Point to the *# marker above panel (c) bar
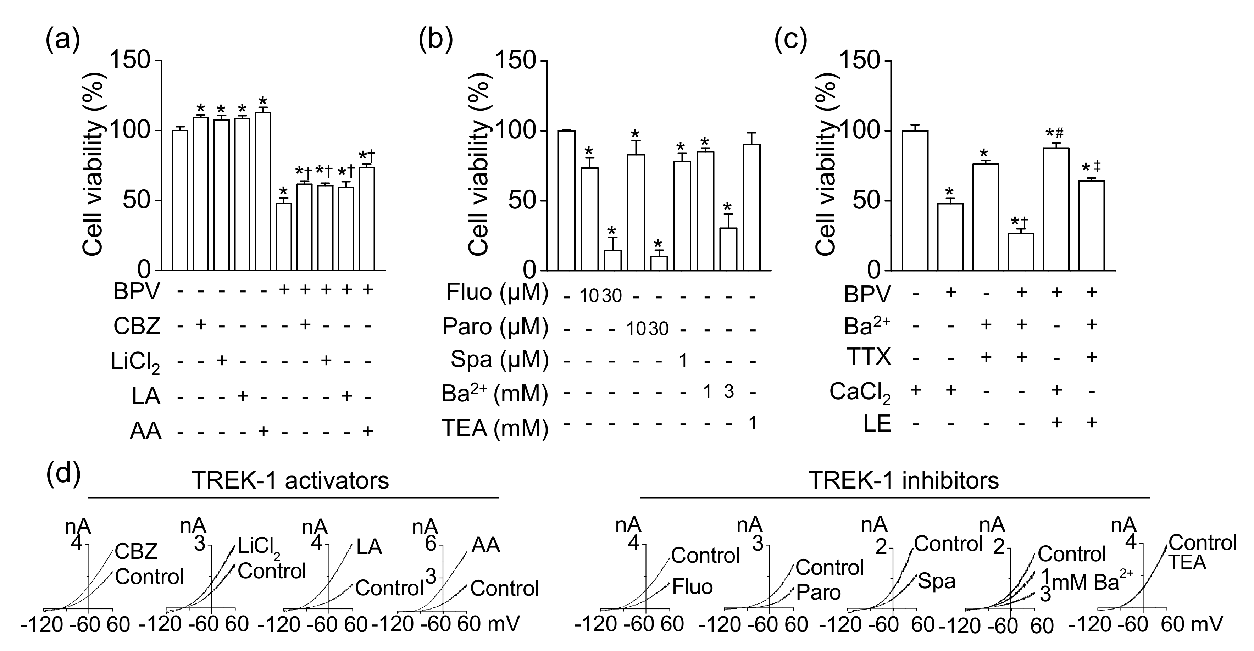(1055, 133)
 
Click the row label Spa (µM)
(499, 360)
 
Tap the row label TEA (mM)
(494, 429)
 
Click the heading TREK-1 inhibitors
(904, 481)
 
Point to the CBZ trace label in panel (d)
(136, 551)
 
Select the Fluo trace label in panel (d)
(692, 587)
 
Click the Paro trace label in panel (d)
(818, 592)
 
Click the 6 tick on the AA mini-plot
(430, 544)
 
